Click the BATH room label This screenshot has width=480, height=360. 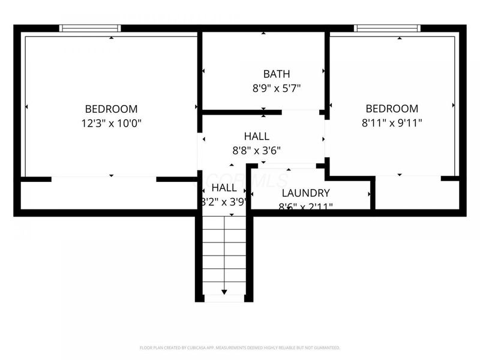click(277, 74)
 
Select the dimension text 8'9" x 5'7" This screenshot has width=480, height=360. click(277, 88)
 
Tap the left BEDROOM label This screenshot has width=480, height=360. click(111, 109)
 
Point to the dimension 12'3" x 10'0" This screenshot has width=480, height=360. click(111, 123)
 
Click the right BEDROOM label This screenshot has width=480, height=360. click(392, 109)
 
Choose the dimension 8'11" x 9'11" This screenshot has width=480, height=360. click(392, 123)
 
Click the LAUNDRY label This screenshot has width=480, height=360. click(306, 193)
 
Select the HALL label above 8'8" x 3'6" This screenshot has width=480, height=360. click(256, 136)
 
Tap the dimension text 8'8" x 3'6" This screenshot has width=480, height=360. click(256, 151)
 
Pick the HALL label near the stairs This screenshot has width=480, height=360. click(223, 188)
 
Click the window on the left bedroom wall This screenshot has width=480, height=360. click(90, 28)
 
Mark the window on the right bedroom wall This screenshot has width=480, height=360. click(387, 28)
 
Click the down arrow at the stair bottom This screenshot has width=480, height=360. click(224, 292)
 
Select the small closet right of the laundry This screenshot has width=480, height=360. click(417, 194)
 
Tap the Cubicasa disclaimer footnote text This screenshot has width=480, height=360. click(240, 347)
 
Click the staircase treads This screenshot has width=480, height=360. click(224, 252)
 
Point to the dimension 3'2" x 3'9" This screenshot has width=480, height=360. click(223, 202)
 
